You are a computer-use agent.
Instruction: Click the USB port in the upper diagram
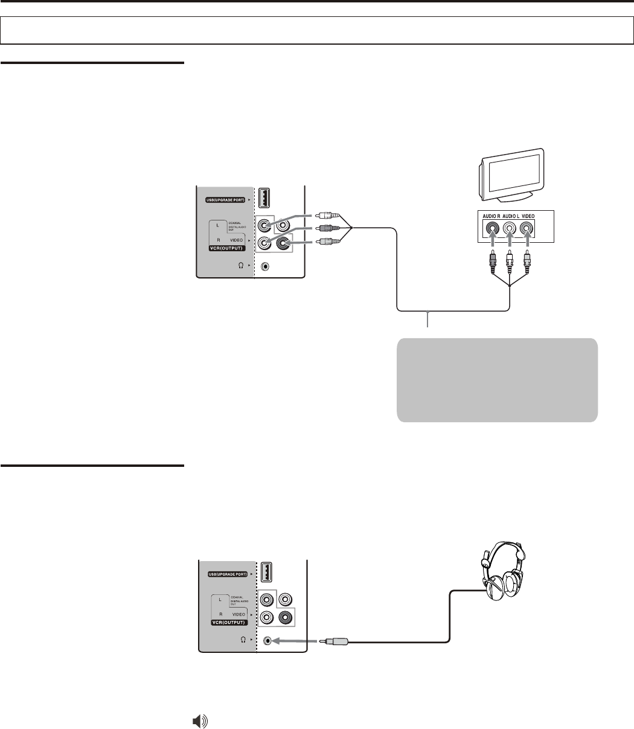pos(264,198)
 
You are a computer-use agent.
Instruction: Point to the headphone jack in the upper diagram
pos(266,266)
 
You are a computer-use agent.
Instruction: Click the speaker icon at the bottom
pos(199,721)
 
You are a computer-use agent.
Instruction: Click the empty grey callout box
pos(497,380)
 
